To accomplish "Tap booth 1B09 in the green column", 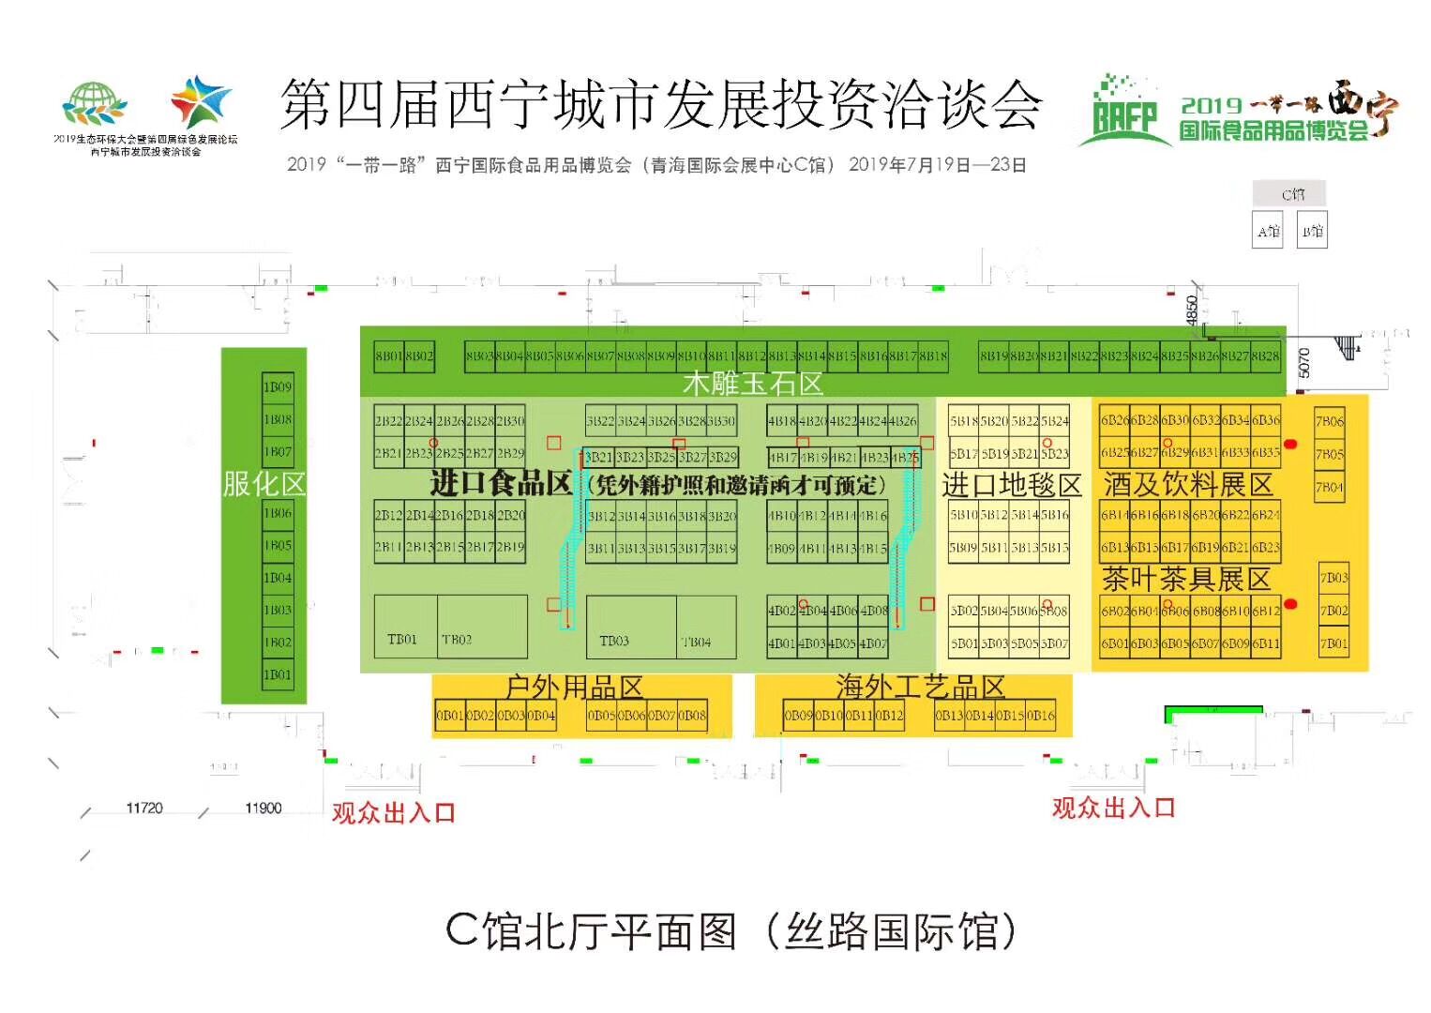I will [x=278, y=386].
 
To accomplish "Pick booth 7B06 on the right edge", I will [x=1330, y=422].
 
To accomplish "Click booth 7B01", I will [x=1333, y=643].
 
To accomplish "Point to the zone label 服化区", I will [x=264, y=484].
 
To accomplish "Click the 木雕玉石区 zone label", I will [x=752, y=383].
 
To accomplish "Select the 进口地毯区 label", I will [x=1012, y=485].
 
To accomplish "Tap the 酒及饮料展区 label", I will [x=1188, y=485].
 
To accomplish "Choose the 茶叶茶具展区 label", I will [x=1186, y=579].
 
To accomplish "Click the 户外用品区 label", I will [x=574, y=688].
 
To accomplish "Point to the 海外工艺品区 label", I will [x=920, y=688].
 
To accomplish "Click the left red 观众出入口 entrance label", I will [x=393, y=812].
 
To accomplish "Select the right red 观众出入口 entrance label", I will [x=1113, y=807].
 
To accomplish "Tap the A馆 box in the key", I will [x=1268, y=231].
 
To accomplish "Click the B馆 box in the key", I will [x=1312, y=231].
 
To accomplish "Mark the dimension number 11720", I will [x=144, y=808].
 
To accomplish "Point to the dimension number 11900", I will [x=263, y=808].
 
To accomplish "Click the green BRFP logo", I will [x=1123, y=114].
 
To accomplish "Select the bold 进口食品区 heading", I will [x=501, y=483].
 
